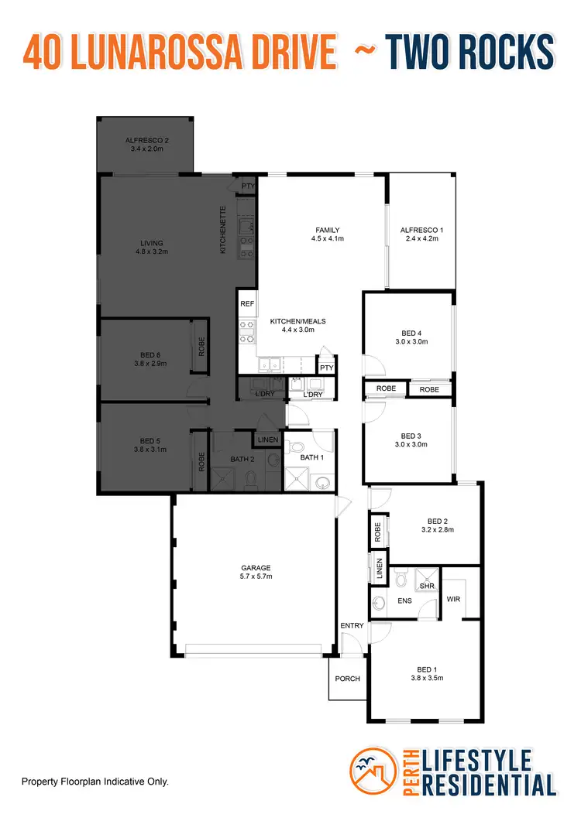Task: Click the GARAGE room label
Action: (x=256, y=567)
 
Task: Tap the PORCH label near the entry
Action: (x=348, y=679)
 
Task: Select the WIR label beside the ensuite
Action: (x=453, y=598)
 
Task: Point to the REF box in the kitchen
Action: (x=247, y=304)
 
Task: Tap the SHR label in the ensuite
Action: (x=427, y=587)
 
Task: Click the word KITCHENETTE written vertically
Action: (x=223, y=229)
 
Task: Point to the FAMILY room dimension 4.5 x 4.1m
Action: (x=328, y=239)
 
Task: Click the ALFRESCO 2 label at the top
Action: (x=147, y=140)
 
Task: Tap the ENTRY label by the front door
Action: (x=351, y=625)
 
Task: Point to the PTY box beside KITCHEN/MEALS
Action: (x=327, y=368)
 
